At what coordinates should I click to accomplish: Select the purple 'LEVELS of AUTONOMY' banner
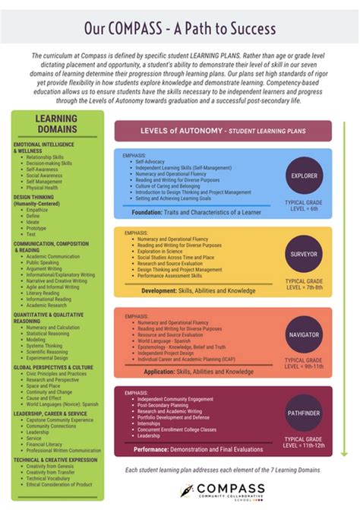[223, 131]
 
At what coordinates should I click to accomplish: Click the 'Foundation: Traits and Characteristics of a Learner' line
[197, 212]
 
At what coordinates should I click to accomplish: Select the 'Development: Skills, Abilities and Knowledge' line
[191, 290]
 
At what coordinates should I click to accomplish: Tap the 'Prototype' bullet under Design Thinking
[36, 227]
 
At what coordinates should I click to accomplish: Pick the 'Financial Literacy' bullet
[44, 444]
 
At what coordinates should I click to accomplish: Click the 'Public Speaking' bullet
[43, 262]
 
